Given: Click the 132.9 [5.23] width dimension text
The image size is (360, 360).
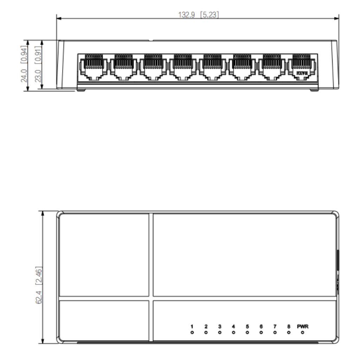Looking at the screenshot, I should point(199,15).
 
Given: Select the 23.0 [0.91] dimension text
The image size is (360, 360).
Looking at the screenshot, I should point(38,64).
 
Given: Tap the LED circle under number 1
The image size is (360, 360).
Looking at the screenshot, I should point(192,332).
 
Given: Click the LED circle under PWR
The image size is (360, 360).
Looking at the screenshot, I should point(302,332).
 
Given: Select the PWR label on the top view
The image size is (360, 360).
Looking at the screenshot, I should point(302,326).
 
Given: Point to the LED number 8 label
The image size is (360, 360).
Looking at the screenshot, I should point(289,326).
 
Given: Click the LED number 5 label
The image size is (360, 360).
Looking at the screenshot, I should point(247,326).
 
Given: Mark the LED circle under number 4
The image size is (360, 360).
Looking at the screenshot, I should point(233,332).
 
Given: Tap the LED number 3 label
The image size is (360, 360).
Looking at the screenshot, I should point(220,326).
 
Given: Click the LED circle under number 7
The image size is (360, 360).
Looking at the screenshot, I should point(275,332).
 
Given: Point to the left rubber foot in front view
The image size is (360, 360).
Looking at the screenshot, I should point(81,90).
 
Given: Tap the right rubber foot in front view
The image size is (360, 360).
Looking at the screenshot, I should point(314,90).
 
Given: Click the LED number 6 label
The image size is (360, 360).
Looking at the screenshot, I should point(261,326).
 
